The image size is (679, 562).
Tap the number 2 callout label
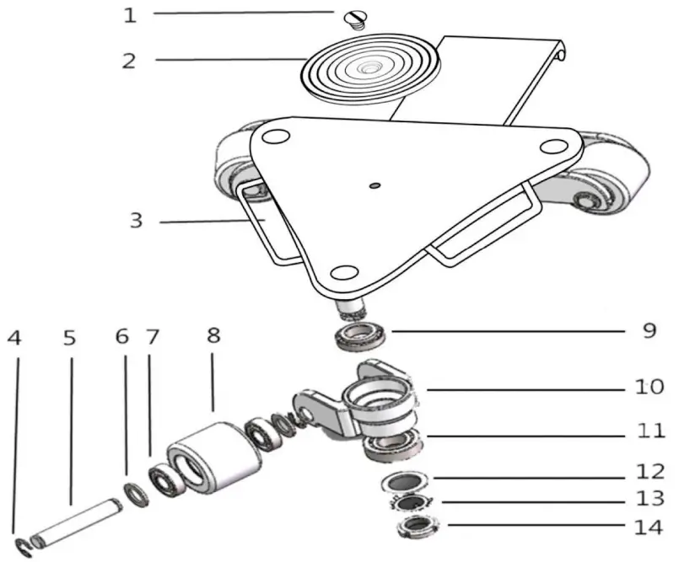[129, 60]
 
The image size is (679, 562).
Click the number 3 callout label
[136, 222]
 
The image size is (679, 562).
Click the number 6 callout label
[123, 337]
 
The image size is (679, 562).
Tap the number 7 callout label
[153, 337]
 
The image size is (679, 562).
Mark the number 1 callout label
[129, 15]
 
